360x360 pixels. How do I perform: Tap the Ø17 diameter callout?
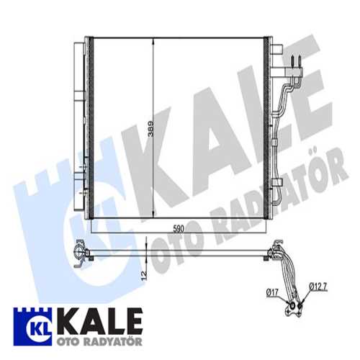272,292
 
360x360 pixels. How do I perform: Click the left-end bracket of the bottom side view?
77,252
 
